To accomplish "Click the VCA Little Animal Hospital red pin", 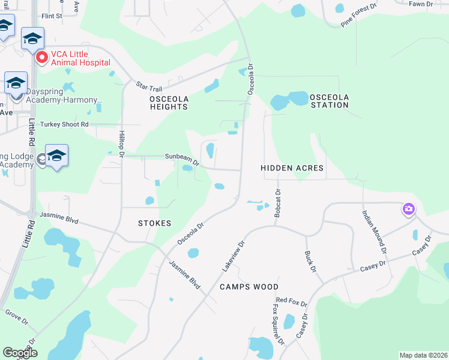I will point(42,58).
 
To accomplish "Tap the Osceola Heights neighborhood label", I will point(169,103).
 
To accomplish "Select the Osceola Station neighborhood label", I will point(329,101).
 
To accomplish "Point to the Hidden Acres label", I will point(293,169).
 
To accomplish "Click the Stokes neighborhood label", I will point(154,223).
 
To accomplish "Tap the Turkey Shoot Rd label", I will point(64,124).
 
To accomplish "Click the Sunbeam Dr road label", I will point(182,158).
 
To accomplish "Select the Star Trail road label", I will point(149,86).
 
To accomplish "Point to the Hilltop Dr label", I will point(121,145).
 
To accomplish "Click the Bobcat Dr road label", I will point(277,203).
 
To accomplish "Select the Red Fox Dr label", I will point(291,301).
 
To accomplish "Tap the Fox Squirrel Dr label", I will point(277,324).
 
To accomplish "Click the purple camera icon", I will point(408,209).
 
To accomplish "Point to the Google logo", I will point(20,353).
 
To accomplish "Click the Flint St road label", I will point(52,16).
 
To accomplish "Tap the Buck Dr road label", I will point(310,261).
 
